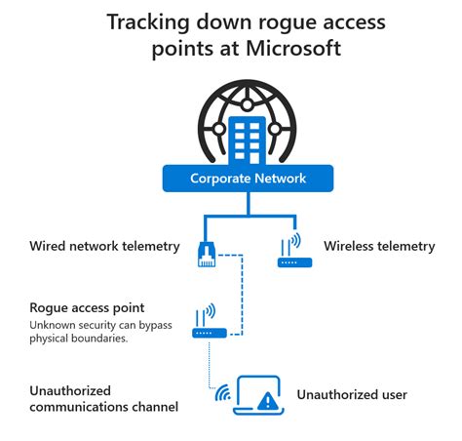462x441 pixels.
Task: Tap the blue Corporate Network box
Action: tap(248, 179)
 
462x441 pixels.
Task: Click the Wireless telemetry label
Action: tap(379, 247)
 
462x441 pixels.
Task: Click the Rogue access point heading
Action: tap(87, 308)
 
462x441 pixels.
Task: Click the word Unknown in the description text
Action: tap(54, 325)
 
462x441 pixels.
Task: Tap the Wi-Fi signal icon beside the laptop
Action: tap(221, 394)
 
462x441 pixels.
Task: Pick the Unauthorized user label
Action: tap(352, 395)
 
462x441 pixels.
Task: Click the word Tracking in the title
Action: tap(146, 21)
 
